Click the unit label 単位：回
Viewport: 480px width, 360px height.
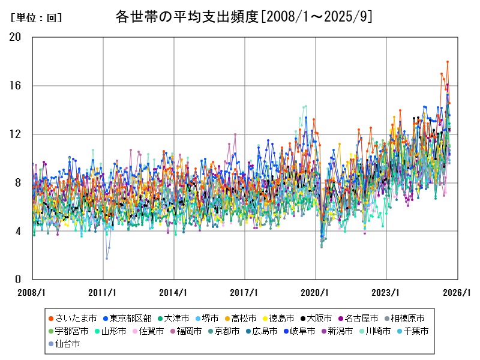point(37,18)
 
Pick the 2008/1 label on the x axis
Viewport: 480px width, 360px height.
point(32,292)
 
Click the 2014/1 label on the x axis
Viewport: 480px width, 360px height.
point(174,292)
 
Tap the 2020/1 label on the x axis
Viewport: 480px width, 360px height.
point(316,292)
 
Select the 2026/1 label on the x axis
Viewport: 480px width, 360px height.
point(457,292)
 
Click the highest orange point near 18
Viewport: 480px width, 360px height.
point(447,62)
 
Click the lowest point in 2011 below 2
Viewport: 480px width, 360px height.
point(107,259)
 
